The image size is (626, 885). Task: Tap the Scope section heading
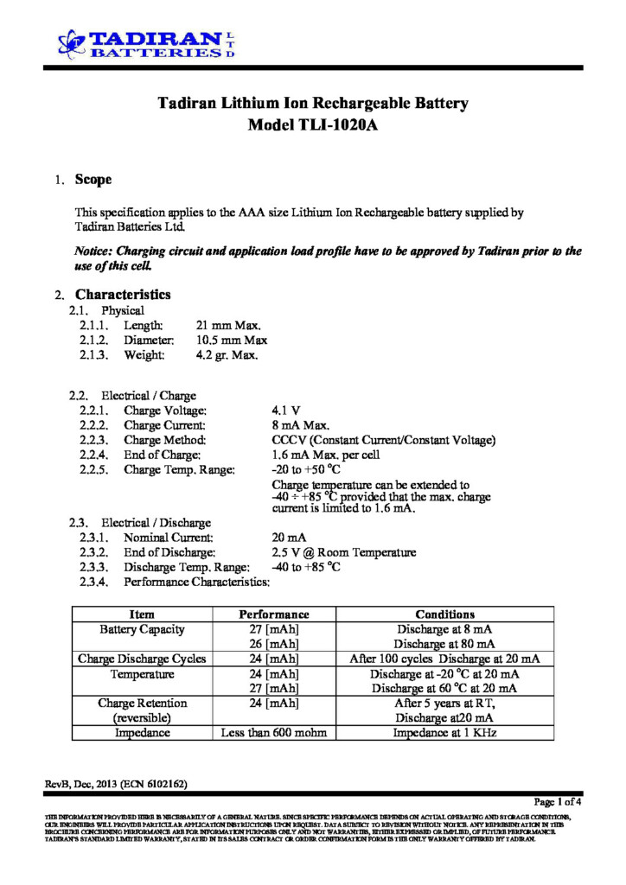pos(93,180)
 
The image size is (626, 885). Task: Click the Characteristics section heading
pos(123,294)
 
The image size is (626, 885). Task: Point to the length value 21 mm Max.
pos(228,325)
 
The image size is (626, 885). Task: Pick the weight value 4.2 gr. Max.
pos(227,355)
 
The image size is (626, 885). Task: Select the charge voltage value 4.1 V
pos(286,411)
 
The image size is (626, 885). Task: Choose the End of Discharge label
pos(169,552)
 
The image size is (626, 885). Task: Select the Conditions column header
pos(444,614)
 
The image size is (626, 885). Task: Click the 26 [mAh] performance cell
pos(273,644)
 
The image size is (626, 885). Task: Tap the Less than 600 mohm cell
pos(273,733)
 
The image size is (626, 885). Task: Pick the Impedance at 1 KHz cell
pos(444,733)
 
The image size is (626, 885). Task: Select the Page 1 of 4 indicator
pos(558,801)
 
